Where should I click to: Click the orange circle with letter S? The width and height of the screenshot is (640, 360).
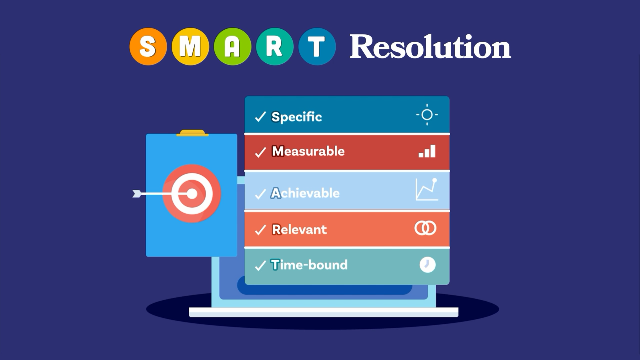point(148,47)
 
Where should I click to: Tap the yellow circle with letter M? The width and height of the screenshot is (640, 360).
point(190,47)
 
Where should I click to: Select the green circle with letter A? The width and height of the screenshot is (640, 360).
point(233,47)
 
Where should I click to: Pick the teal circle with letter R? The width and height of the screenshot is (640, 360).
point(275,47)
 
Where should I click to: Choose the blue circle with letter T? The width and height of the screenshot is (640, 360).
point(317,47)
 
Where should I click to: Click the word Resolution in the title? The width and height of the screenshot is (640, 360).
point(430,47)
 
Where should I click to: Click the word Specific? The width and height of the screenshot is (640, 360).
point(297,117)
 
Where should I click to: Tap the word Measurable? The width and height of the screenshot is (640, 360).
point(308,151)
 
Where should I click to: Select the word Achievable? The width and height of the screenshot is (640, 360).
point(305,193)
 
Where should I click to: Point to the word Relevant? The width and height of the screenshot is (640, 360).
point(299,229)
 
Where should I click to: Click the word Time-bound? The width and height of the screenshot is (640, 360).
point(309,265)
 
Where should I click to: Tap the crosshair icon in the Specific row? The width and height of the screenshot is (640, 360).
point(427,115)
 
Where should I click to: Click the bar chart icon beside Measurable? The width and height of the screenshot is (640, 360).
point(427,151)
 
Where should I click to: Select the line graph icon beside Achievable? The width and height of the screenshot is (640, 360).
point(427,189)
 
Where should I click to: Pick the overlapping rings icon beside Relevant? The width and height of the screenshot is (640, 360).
point(425,228)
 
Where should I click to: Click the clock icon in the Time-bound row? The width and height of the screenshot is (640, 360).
point(427,265)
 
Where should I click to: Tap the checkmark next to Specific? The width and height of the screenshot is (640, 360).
point(260,117)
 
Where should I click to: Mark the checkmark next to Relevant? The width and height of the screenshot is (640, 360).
point(260,229)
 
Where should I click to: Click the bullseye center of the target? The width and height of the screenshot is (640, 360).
point(192,194)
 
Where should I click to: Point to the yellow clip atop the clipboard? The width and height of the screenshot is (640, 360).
point(192,133)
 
